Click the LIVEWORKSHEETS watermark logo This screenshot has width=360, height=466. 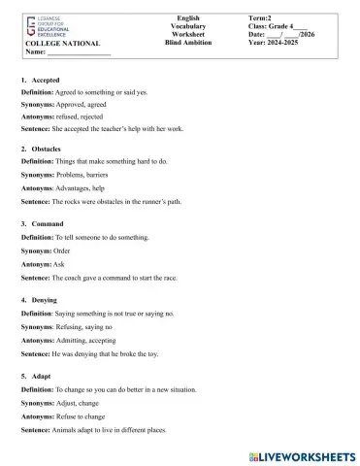[x=304, y=454]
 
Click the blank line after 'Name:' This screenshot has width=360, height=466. [x=78, y=53]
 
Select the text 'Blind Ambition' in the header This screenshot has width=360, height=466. [x=189, y=43]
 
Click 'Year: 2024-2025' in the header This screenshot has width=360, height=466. [x=280, y=43]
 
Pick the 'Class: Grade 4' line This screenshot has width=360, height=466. [x=279, y=26]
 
